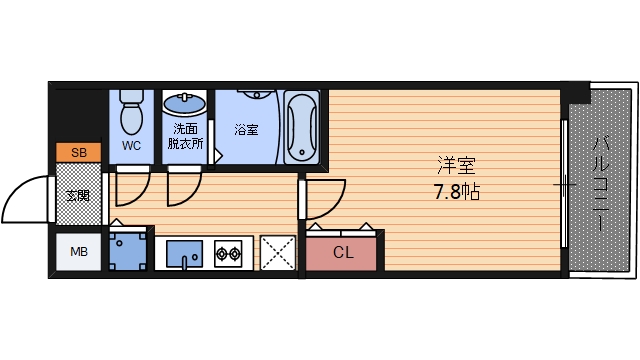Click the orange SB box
(78, 152)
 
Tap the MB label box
(78, 251)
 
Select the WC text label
(131, 146)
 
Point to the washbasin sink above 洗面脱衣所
(184, 104)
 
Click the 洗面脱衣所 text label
(187, 136)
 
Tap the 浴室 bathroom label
(245, 130)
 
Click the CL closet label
(342, 252)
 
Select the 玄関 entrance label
(77, 196)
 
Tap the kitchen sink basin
(183, 254)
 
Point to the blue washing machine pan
(127, 251)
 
